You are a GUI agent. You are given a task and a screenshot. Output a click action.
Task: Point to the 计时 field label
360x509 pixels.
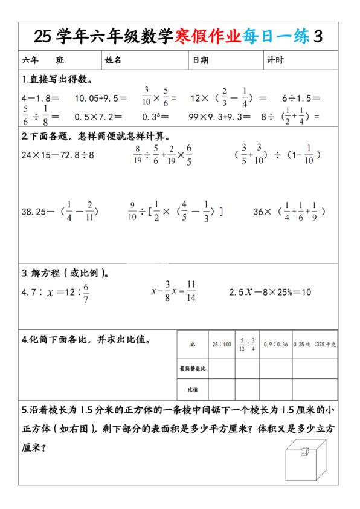275,60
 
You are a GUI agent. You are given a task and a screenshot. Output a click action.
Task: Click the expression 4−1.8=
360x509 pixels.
40,97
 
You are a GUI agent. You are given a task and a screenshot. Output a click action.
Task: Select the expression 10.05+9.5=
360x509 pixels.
100,97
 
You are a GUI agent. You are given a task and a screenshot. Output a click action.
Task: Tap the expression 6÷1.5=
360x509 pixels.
300,97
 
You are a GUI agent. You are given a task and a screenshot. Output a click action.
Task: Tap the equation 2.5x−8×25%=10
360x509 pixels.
270,292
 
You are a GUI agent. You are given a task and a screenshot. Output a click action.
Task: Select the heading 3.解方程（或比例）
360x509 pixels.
65,273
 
